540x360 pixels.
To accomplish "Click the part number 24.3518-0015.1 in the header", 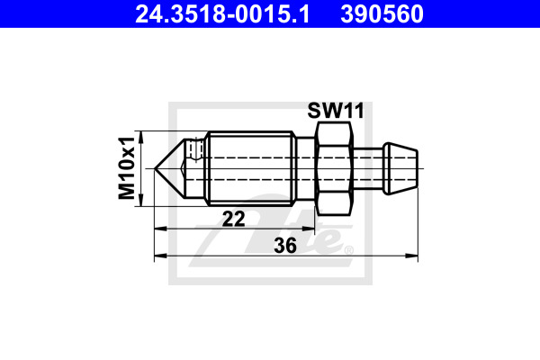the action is (222, 14).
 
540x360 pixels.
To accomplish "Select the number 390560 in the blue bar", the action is (382, 14).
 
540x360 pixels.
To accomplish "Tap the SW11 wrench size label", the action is (336, 111).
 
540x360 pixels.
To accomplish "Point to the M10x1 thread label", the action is (126, 168).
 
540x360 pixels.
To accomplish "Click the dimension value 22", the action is (233, 219).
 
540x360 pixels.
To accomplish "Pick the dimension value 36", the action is (285, 246).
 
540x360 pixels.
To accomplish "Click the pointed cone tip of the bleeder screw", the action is (155, 169).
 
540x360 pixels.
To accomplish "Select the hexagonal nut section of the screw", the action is (335, 168).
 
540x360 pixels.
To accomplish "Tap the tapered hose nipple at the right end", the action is (401, 168).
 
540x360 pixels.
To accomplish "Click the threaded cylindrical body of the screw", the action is (251, 168).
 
